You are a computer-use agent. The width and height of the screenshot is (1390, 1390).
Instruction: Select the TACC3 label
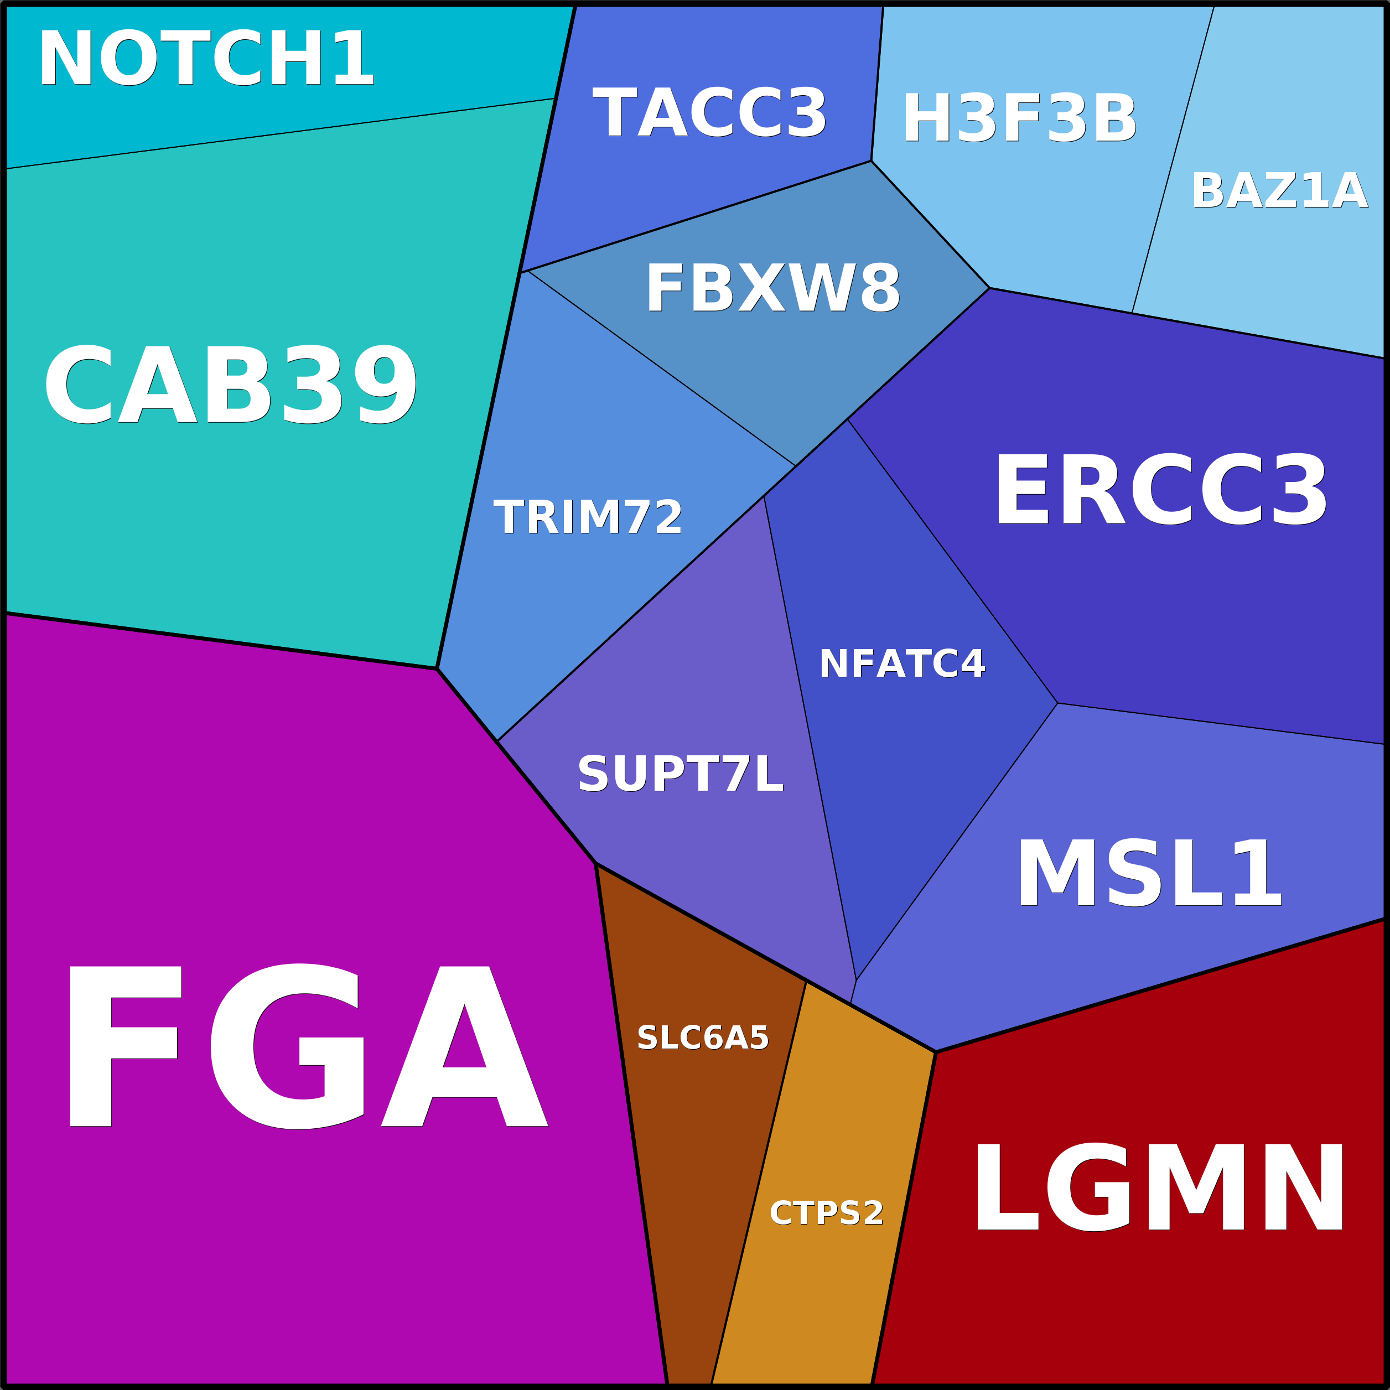click(709, 113)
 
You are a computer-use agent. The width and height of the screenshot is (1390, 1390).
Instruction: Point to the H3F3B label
click(1019, 120)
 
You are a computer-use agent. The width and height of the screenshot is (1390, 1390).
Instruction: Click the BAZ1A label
click(1279, 191)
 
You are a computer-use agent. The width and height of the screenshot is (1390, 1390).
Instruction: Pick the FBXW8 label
click(772, 288)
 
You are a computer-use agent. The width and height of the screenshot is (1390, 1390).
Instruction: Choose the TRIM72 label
click(588, 517)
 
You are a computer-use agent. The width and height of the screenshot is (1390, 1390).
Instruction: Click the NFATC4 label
click(901, 663)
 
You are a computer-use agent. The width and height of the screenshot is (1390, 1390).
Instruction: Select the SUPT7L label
click(680, 775)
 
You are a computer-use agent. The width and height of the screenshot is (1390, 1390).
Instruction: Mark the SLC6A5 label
click(703, 1038)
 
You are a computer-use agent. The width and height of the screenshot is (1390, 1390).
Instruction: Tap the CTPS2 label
click(827, 1213)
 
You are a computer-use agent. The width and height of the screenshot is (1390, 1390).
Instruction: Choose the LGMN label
click(1158, 1189)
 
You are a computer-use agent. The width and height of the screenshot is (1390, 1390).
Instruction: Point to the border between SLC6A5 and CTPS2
click(759, 1180)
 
